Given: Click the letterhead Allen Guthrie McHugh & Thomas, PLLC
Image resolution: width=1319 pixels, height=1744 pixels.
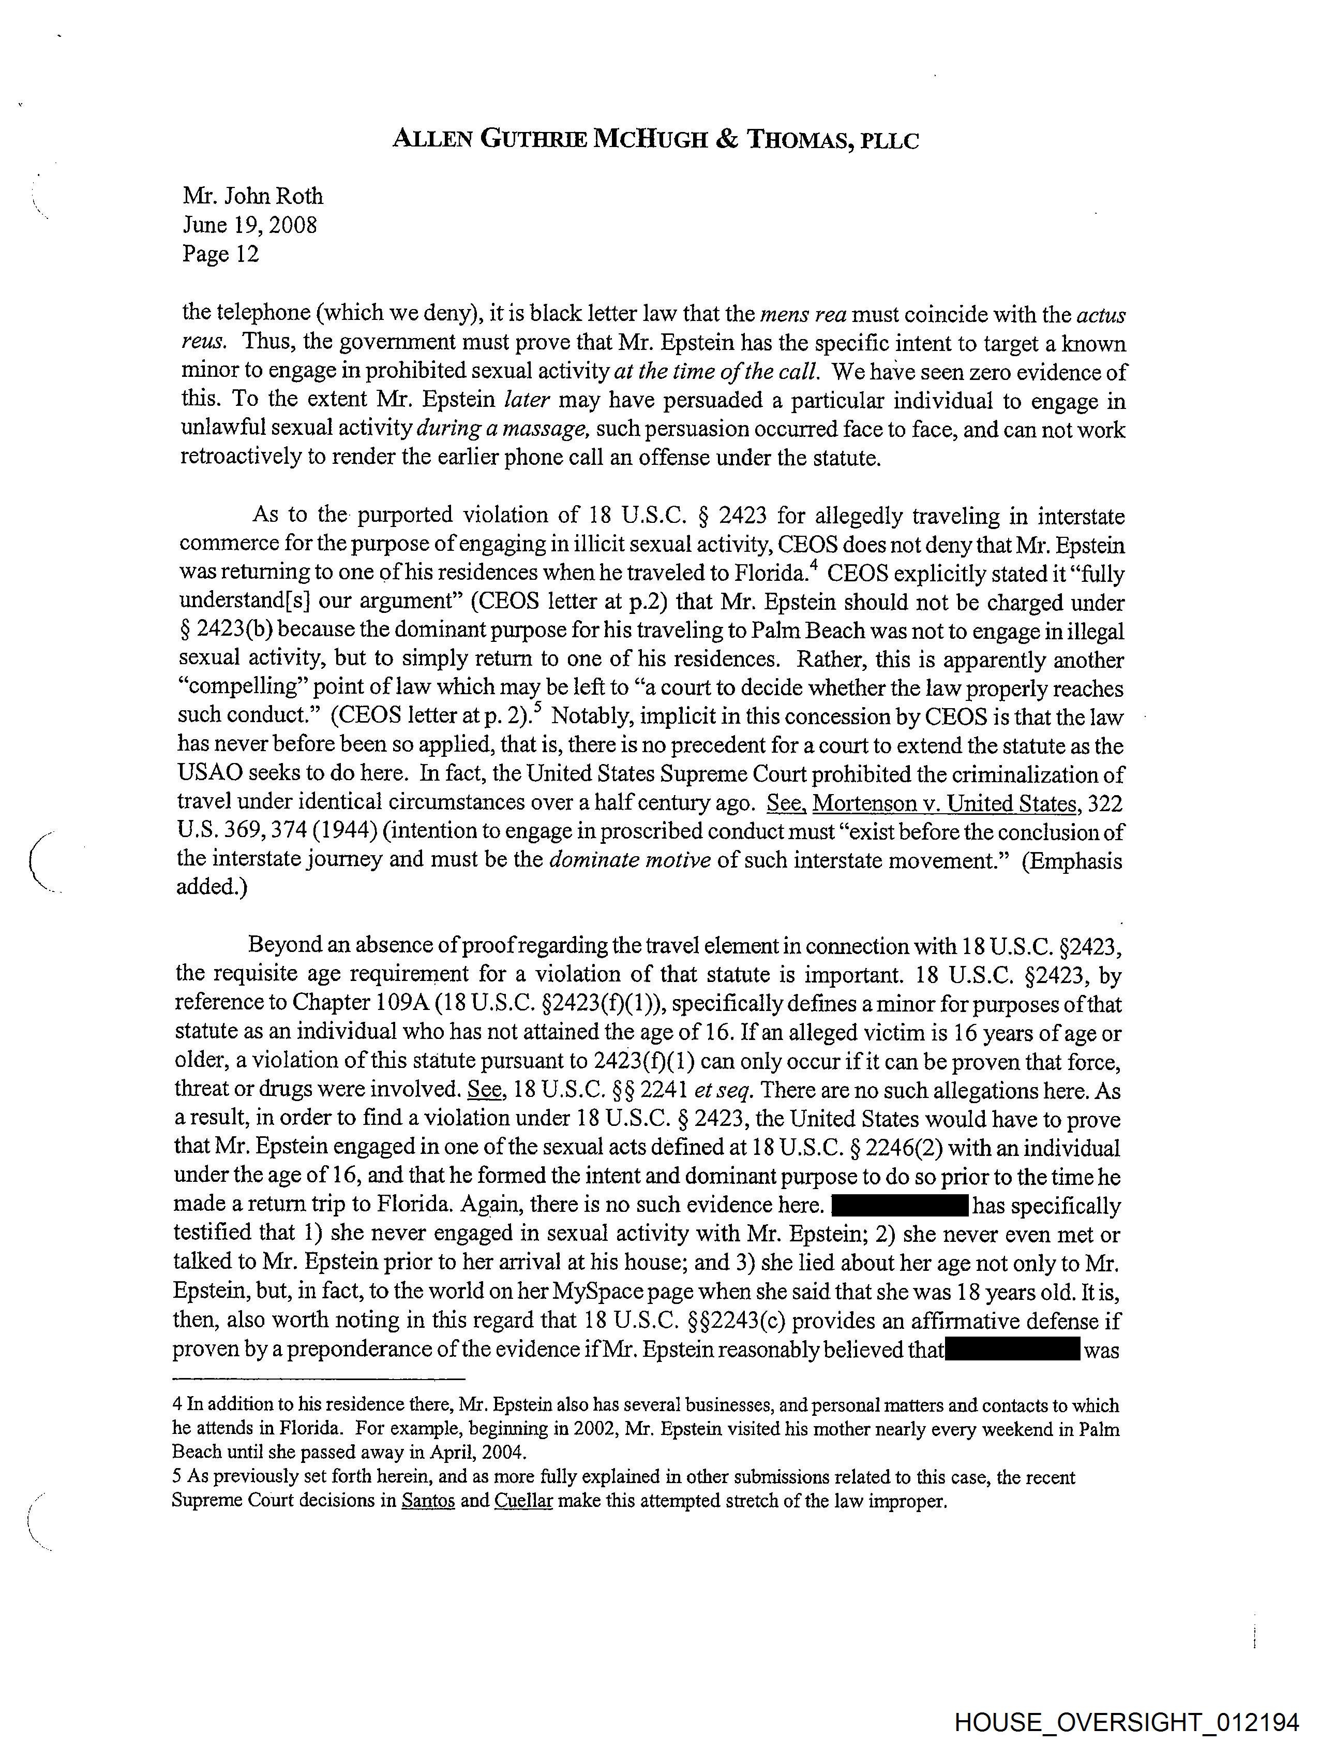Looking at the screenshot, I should (x=655, y=140).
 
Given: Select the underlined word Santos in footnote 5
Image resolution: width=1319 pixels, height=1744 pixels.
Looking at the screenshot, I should (x=428, y=1500).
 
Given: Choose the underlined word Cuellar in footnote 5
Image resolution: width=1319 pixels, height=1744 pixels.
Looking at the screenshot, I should (x=522, y=1500).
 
